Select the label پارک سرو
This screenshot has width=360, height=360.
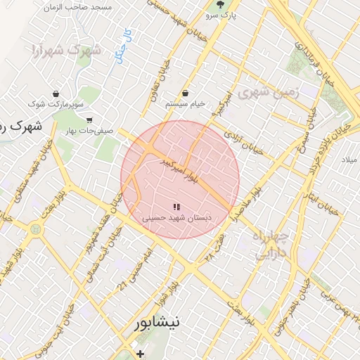(220, 14)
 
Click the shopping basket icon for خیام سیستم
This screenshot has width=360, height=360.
(185, 94)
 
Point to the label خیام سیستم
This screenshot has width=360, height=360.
(185, 104)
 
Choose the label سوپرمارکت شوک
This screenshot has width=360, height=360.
(56, 104)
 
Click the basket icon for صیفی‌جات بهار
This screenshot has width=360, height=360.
(89, 120)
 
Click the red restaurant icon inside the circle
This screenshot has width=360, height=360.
(176, 207)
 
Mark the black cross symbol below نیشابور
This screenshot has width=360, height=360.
(141, 353)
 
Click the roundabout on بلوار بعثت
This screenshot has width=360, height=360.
(35, 229)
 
